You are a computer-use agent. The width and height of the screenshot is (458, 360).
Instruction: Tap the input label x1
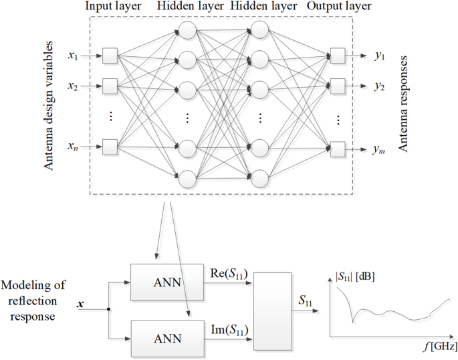point(73,56)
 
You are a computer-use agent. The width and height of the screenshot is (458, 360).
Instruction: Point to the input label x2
point(73,86)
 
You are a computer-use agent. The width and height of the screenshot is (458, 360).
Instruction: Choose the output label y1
point(380,56)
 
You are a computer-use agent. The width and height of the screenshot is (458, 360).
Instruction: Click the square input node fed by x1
point(110,56)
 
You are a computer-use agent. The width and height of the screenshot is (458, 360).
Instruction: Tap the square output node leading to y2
point(338,86)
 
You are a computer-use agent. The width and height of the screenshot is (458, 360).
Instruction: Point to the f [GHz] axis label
point(439,347)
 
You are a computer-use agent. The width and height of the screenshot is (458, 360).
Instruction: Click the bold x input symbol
point(82,304)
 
